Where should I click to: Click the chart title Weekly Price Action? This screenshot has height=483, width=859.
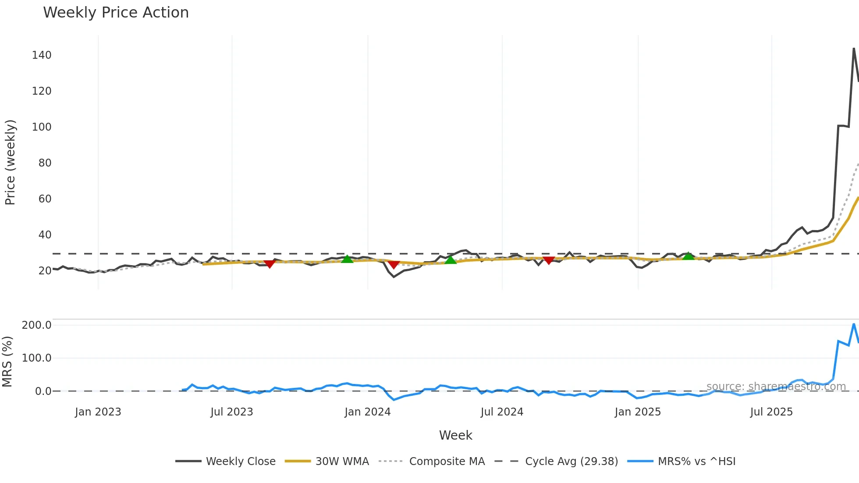116,13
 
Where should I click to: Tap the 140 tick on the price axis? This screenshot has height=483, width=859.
42,55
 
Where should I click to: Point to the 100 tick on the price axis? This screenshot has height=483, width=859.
42,127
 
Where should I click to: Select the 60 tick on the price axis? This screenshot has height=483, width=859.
45,199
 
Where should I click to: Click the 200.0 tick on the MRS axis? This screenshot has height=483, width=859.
37,325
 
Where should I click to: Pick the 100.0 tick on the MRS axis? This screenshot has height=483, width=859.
37,358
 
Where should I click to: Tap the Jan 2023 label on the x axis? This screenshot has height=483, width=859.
98,412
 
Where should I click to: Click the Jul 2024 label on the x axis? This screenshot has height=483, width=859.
502,412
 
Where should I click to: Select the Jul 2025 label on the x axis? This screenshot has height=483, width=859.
771,412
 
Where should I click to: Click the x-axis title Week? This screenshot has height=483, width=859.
455,435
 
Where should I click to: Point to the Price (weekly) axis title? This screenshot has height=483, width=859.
10,162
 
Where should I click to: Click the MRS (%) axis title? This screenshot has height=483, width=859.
7,362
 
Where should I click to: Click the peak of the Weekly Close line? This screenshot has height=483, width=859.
854,49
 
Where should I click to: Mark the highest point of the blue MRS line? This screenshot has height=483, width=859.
854,324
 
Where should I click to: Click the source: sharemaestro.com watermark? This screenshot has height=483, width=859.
776,387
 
